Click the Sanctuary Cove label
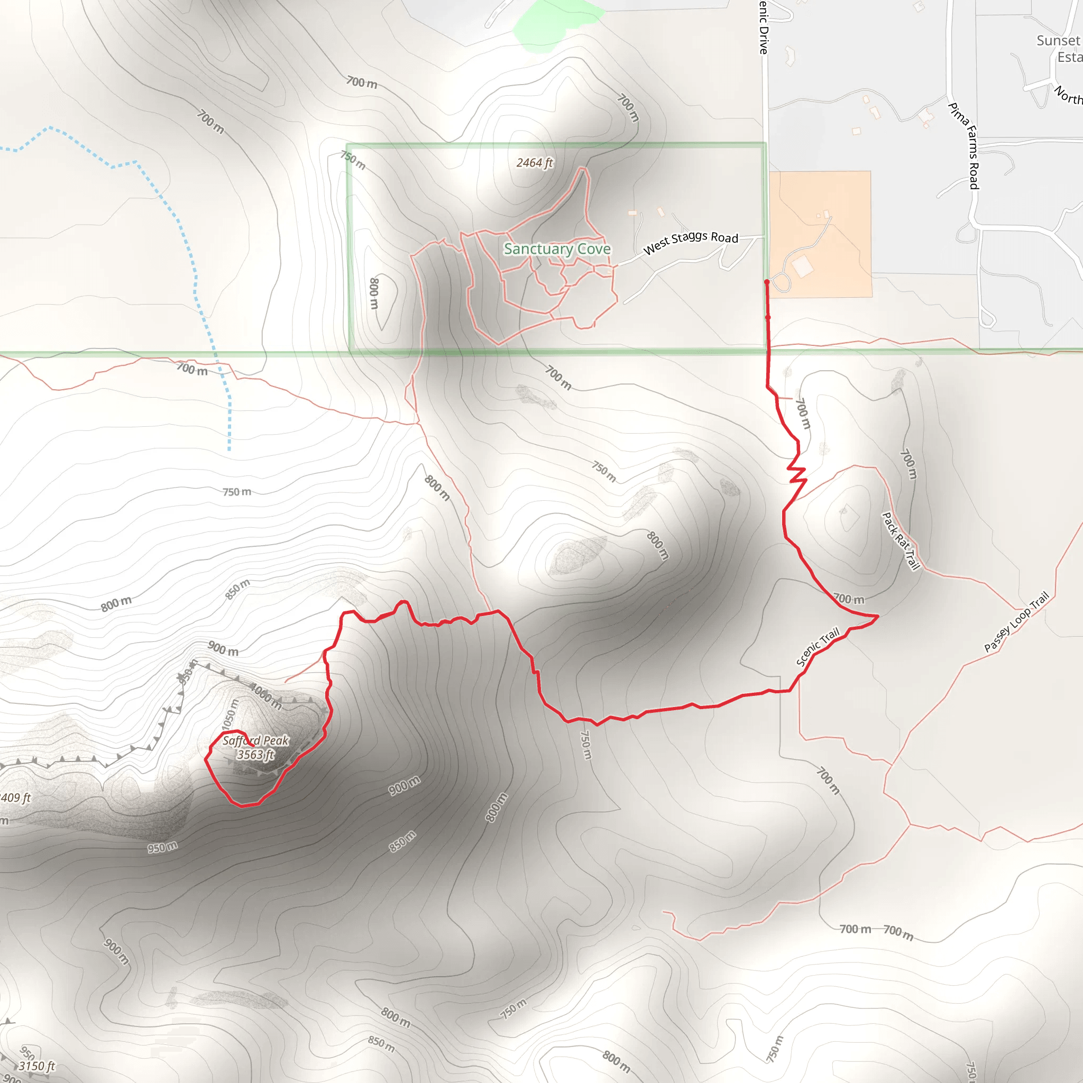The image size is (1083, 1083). click(x=557, y=249)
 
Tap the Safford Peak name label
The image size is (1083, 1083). click(x=255, y=740)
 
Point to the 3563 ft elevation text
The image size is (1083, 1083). click(x=255, y=755)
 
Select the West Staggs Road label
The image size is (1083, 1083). click(x=690, y=242)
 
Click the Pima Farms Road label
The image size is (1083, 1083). click(x=963, y=146)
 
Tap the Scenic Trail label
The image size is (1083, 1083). click(x=818, y=646)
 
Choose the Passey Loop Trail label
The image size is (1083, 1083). click(x=1016, y=622)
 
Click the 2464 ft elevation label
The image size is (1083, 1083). click(x=534, y=162)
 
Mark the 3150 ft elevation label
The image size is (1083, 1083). click(x=37, y=1066)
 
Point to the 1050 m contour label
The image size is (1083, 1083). click(x=231, y=715)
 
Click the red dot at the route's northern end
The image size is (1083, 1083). click(x=766, y=282)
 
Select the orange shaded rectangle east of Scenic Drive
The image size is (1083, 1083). click(x=820, y=234)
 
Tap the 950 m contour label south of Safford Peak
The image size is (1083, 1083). click(x=162, y=847)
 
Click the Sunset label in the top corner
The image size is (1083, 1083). click(x=1058, y=40)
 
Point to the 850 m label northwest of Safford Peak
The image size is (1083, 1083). click(x=237, y=589)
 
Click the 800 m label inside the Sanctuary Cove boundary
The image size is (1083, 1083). click(x=374, y=292)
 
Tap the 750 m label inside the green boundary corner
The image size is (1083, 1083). click(x=353, y=160)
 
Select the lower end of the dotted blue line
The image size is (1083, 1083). click(x=230, y=449)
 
